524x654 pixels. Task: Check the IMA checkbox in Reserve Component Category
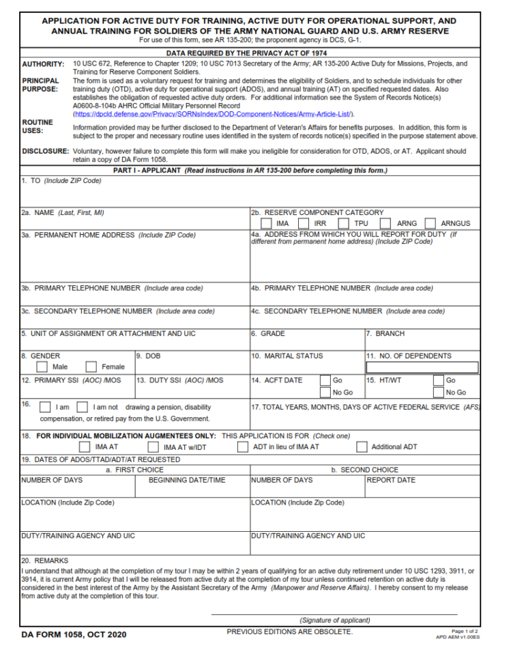coord(267,223)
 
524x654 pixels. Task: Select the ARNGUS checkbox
coord(430,223)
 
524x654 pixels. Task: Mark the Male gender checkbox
coord(42,367)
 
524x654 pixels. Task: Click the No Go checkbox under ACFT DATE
coord(325,393)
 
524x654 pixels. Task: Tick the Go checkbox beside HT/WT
coord(438,380)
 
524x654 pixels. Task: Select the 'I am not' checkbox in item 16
coord(82,408)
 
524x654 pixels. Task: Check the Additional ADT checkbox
coord(358,448)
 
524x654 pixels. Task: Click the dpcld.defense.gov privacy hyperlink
coord(212,114)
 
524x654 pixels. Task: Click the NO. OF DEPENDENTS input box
coord(422,367)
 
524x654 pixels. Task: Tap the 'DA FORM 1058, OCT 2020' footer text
coord(74,635)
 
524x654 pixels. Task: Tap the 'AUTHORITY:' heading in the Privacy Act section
coord(43,64)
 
